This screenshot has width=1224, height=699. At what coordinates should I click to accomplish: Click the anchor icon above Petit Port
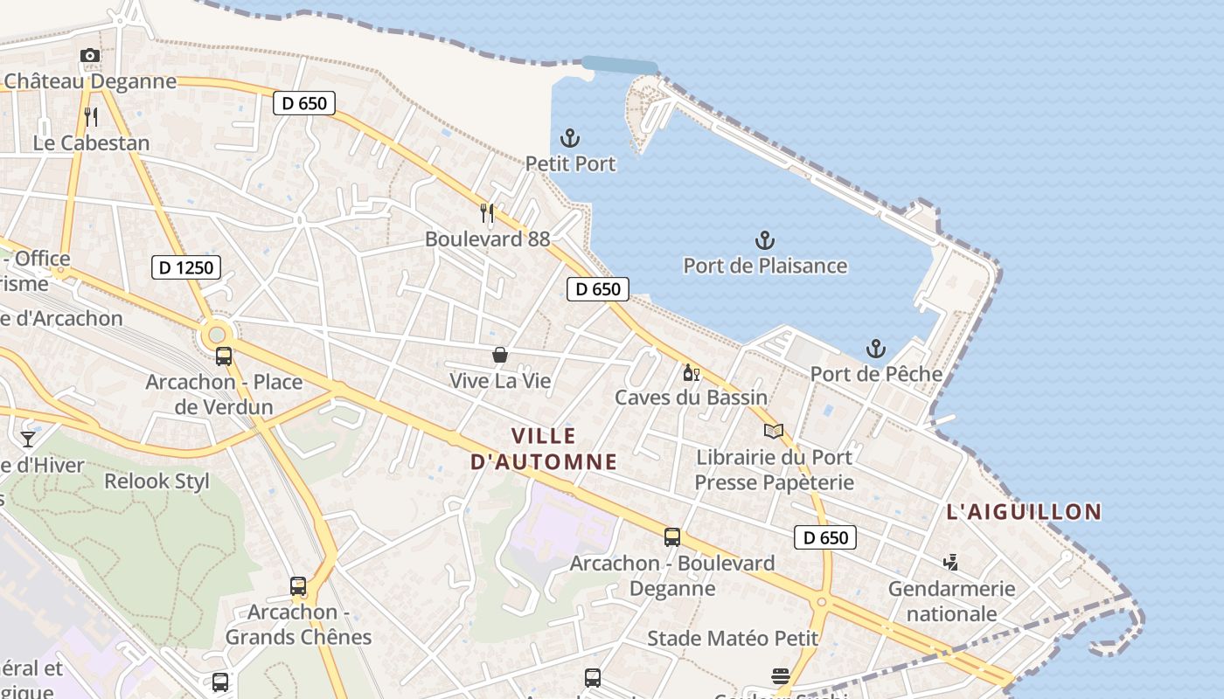pos(570,138)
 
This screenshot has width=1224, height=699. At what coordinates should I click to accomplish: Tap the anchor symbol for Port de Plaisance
pos(765,240)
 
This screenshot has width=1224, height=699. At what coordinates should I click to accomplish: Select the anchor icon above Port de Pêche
pos(876,349)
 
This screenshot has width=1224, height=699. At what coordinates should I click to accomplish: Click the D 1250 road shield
pos(186,267)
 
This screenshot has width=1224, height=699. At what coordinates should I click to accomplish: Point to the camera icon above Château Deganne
pos(89,56)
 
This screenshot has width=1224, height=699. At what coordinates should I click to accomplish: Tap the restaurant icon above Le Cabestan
pos(91,116)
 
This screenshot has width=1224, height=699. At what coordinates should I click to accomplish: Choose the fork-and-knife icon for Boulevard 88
pos(488,212)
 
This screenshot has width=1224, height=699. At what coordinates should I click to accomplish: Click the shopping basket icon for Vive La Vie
pos(500,355)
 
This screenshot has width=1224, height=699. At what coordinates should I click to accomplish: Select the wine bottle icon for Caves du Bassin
pos(691,372)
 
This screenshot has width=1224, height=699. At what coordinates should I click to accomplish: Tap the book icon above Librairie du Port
pos(774,431)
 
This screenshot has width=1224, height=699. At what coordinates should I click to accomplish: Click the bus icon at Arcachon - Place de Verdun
pos(224,356)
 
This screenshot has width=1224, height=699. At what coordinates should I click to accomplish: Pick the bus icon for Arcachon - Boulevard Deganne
pos(672,537)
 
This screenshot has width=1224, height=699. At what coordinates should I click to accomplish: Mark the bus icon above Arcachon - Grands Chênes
pos(298,586)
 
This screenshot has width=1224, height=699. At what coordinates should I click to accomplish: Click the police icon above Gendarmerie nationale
pos(951,563)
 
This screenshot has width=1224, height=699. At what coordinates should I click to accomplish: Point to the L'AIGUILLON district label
pos(1024,512)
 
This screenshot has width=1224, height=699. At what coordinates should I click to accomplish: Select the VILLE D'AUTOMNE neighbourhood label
pos(544,448)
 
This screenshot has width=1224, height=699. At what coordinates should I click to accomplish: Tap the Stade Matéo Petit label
pos(733,639)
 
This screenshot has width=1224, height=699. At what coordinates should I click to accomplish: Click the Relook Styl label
pos(157,481)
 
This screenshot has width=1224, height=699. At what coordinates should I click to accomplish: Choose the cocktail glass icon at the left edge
pos(28,439)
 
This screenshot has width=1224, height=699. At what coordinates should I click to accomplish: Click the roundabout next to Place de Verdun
pos(217,335)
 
